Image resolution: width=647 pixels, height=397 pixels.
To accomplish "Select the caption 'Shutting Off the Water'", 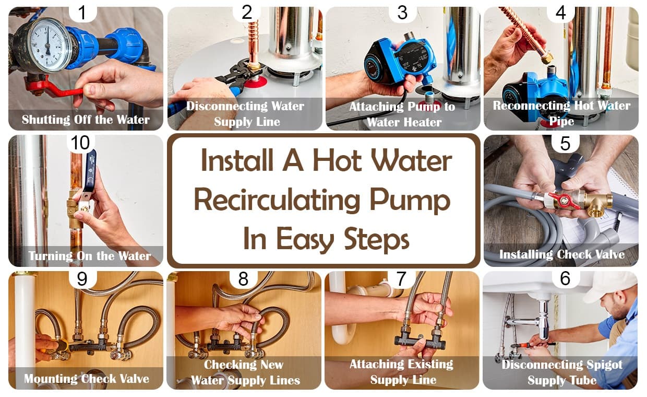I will (x=86, y=120).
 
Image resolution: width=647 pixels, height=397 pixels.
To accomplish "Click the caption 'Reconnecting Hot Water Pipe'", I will (x=561, y=113).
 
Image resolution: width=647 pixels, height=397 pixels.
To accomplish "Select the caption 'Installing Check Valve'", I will (x=561, y=254).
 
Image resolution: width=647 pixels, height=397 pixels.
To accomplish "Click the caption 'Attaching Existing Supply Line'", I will (x=402, y=372).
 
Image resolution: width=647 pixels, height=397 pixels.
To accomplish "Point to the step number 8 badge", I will (x=243, y=279).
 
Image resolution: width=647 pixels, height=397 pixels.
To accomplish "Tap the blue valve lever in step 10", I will (x=90, y=170).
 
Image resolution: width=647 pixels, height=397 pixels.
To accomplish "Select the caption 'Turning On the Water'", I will (x=89, y=256).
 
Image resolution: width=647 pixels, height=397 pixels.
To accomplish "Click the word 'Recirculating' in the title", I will (x=275, y=201).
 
